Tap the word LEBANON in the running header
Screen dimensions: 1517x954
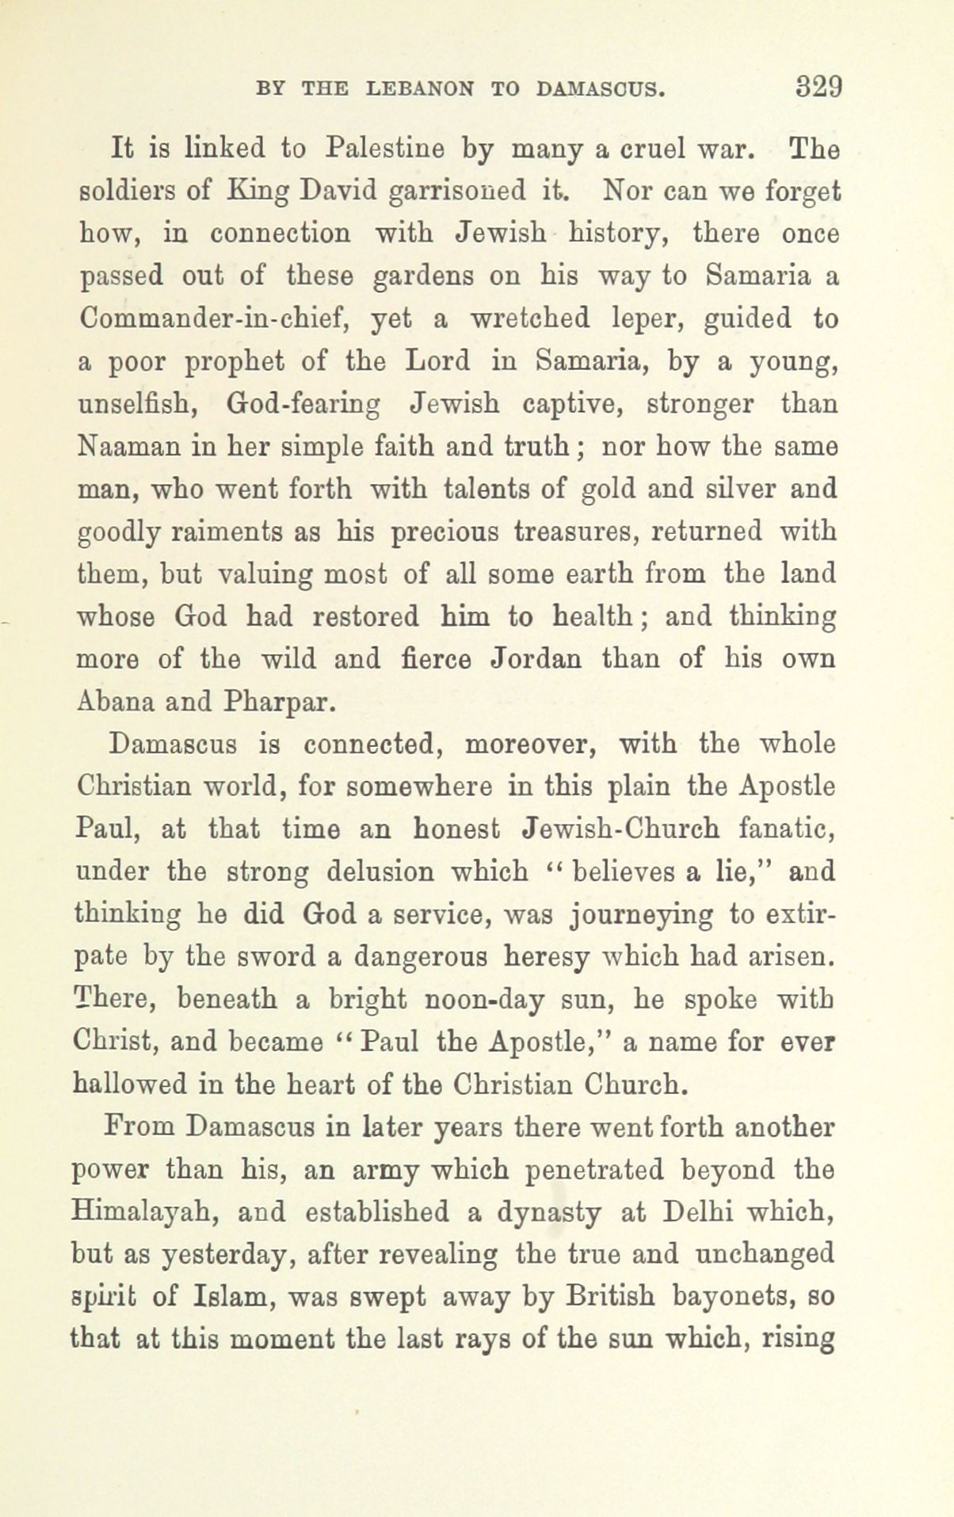tap(419, 89)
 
